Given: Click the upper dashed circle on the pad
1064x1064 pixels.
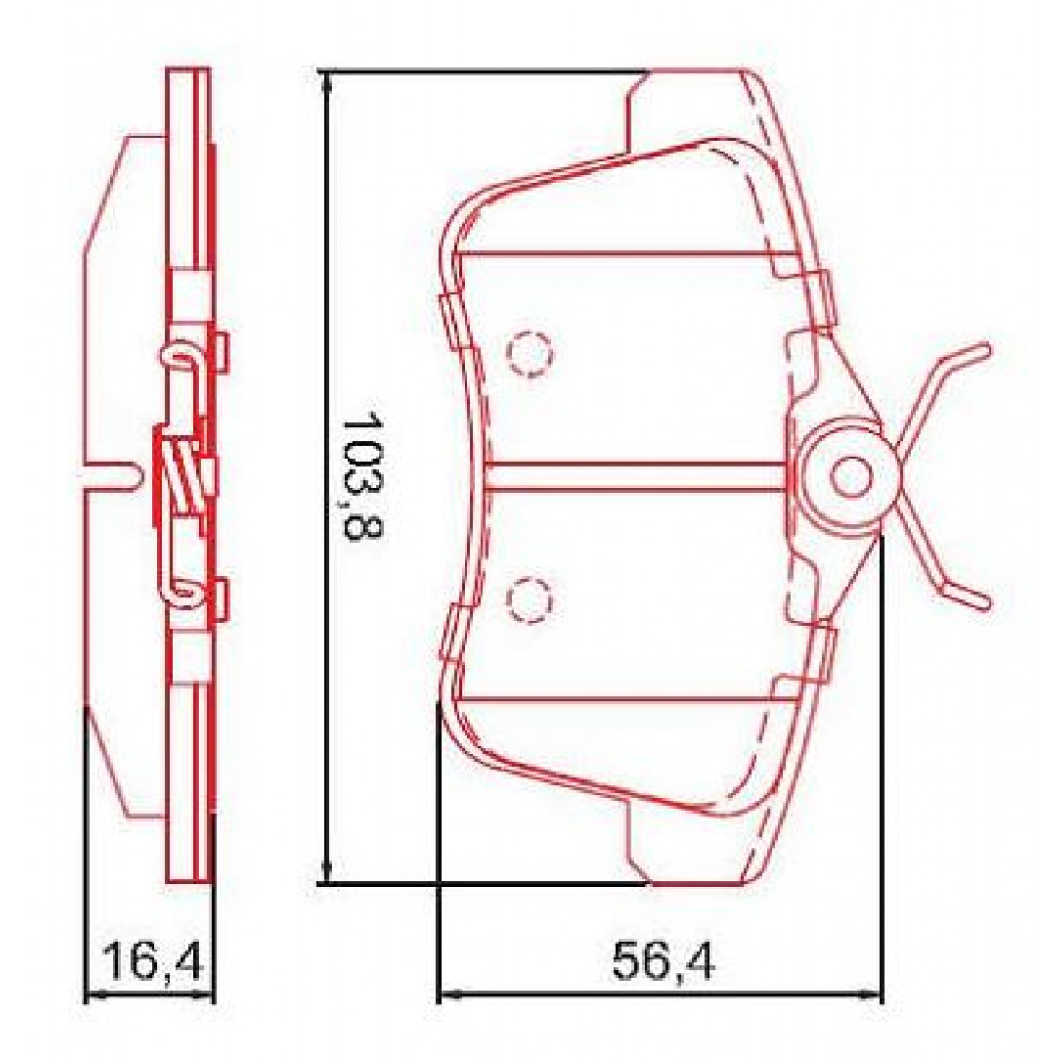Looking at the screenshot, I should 530,355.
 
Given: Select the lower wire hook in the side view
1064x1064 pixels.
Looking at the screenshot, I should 182,590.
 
